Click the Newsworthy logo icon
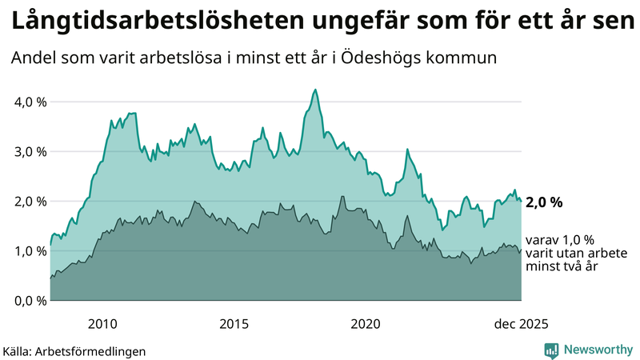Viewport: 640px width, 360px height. click(551, 350)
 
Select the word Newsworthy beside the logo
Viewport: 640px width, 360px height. click(597, 350)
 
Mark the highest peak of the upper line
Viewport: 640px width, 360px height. click(315, 90)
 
